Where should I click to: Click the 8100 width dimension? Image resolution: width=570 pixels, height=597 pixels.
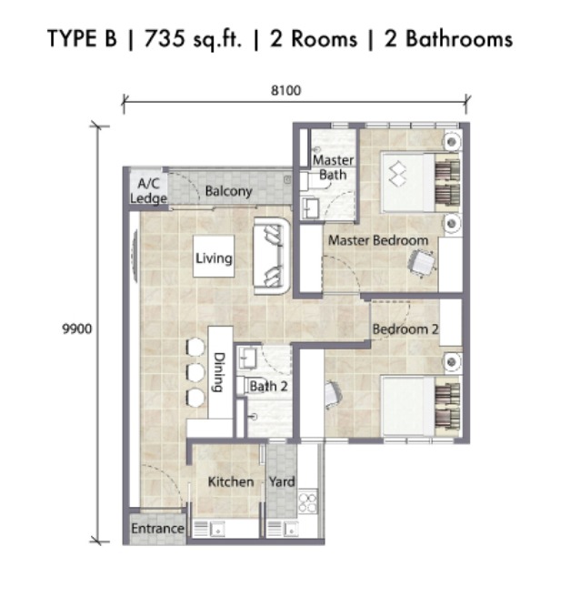click(285, 91)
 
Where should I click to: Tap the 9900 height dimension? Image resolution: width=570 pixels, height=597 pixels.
click(76, 329)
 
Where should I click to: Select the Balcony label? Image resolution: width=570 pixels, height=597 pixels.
click(228, 191)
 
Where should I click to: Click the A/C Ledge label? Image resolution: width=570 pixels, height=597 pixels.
click(148, 191)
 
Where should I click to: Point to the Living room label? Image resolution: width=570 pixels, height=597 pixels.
click(214, 258)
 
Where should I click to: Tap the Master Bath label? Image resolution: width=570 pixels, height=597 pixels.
click(333, 167)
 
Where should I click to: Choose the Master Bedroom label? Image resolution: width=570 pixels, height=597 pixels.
click(378, 240)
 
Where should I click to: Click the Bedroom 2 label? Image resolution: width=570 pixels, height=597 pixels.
click(405, 329)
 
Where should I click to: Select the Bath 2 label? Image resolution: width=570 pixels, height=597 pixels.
click(268, 386)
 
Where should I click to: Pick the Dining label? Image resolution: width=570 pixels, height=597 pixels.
click(219, 372)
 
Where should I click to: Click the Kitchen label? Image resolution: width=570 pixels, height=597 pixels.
click(231, 481)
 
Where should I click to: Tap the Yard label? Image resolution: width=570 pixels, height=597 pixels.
click(282, 482)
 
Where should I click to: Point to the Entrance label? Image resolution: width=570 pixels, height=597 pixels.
click(157, 529)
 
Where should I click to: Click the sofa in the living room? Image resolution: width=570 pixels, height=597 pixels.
click(272, 256)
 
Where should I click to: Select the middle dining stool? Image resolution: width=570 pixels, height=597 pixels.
click(195, 373)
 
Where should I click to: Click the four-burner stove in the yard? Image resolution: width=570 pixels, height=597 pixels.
click(307, 502)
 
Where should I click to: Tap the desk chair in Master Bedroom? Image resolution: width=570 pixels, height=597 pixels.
click(422, 262)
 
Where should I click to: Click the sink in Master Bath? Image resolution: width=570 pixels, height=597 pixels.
click(310, 207)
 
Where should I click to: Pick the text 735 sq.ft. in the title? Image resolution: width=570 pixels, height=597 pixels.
click(193, 40)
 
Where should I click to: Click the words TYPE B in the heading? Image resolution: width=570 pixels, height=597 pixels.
click(82, 38)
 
